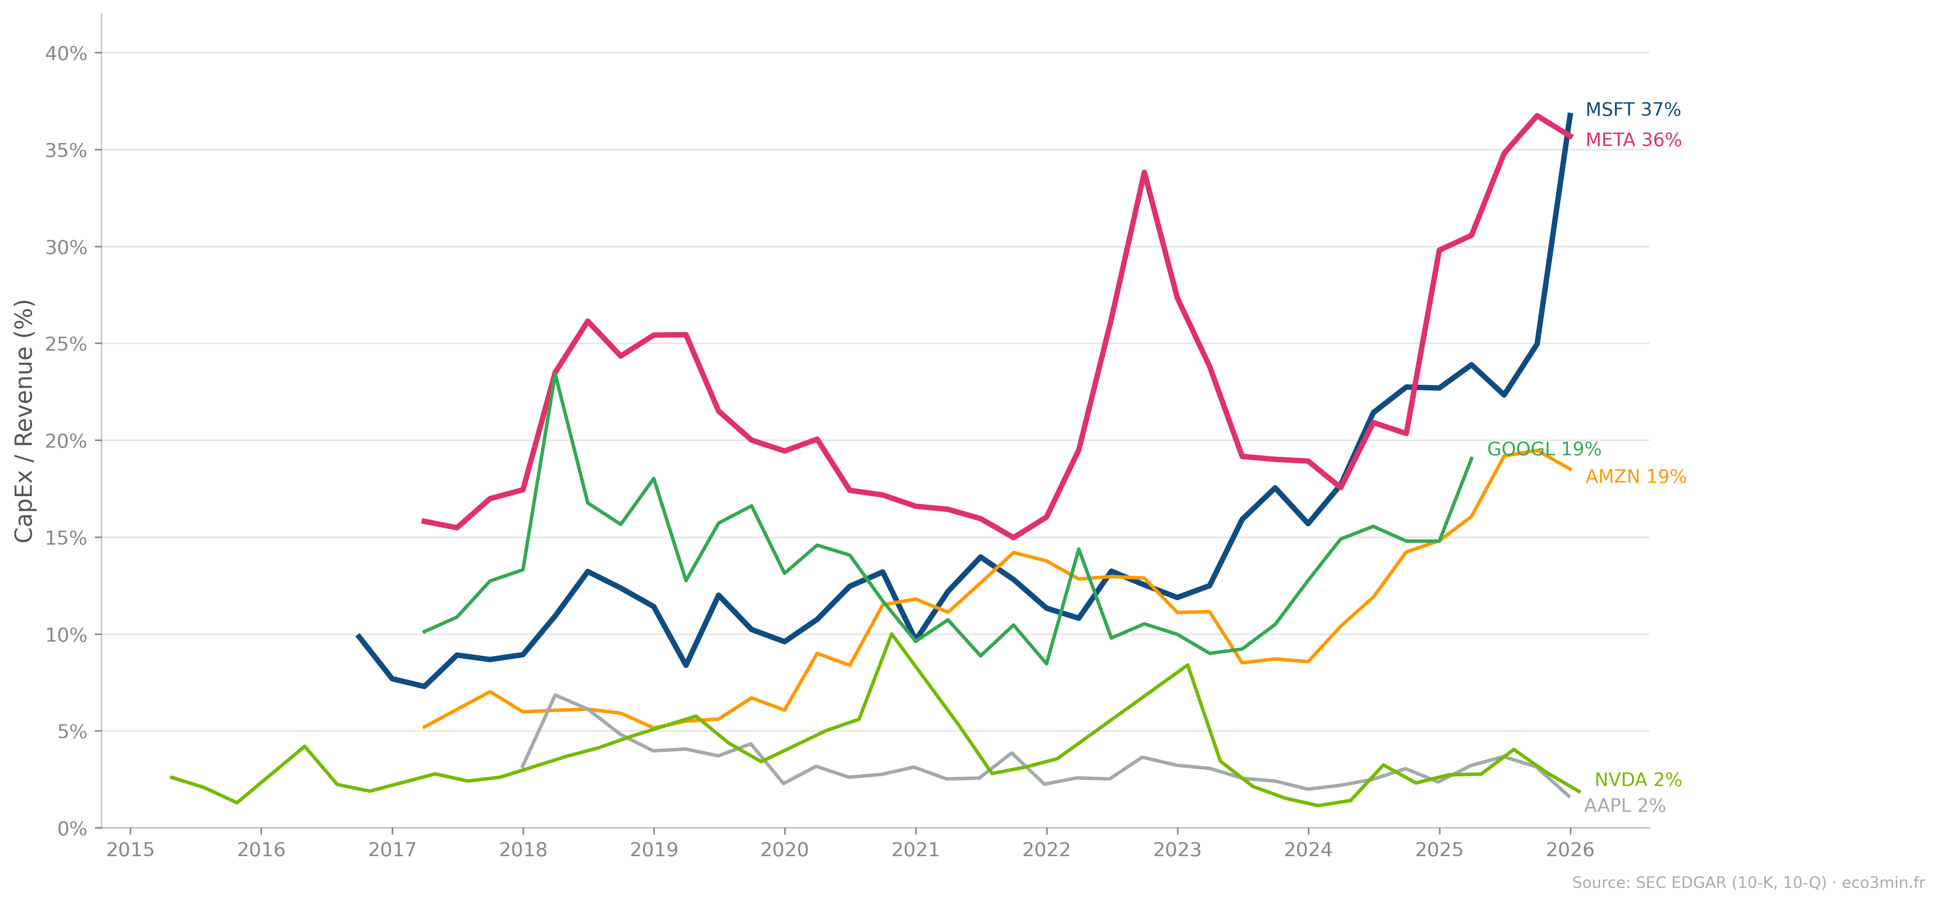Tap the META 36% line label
click(1633, 140)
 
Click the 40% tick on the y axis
click(66, 53)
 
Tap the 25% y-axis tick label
click(66, 344)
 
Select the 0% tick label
click(72, 829)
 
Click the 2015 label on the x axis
click(130, 850)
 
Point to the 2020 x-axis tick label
click(784, 850)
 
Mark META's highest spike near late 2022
click(1144, 172)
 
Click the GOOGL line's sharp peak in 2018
click(555, 373)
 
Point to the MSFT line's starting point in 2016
click(358, 635)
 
